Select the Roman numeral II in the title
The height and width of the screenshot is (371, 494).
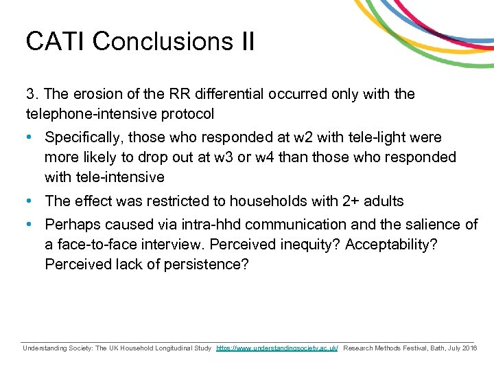[246, 41]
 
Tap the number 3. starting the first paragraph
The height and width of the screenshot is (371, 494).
[32, 93]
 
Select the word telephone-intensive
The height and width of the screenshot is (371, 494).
[87, 113]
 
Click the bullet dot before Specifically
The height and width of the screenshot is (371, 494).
[30, 137]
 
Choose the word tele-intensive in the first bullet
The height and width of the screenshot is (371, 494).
[104, 177]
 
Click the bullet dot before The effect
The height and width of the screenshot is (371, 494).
[30, 201]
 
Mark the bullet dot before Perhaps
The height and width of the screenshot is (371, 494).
[30, 225]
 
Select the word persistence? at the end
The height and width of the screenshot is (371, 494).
[207, 265]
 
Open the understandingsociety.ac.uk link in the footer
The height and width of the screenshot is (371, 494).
[277, 348]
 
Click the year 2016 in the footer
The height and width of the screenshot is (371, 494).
[469, 348]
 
